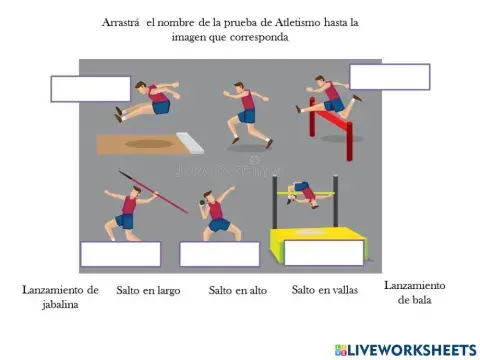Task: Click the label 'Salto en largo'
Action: click(148, 291)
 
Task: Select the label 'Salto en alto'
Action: click(235, 291)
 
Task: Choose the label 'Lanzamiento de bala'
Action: click(414, 292)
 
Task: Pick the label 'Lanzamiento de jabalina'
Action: click(60, 297)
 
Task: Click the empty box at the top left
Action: click(91, 88)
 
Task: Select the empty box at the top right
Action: click(389, 77)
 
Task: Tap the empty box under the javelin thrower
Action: click(120, 254)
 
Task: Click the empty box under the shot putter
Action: click(219, 254)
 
